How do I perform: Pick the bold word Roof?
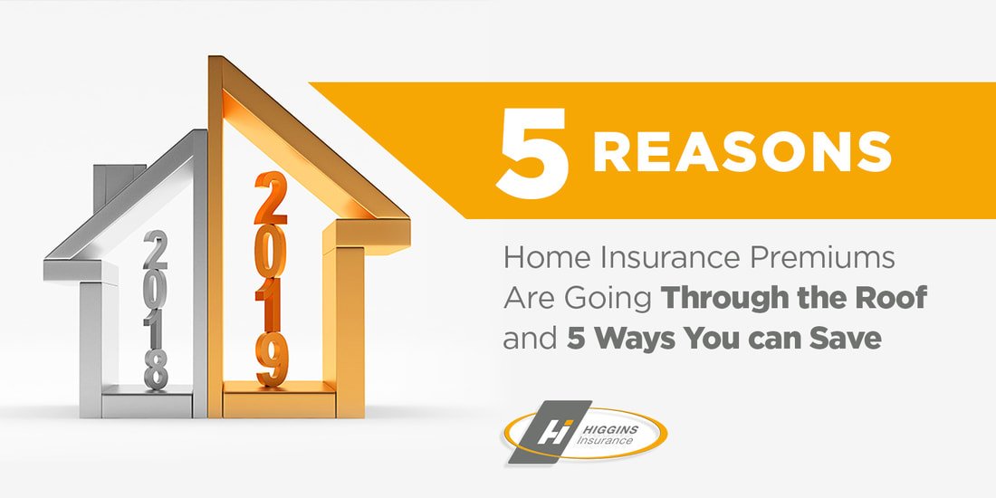(890, 299)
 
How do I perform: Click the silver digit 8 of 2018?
(156, 370)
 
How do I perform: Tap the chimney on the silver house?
(116, 181)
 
